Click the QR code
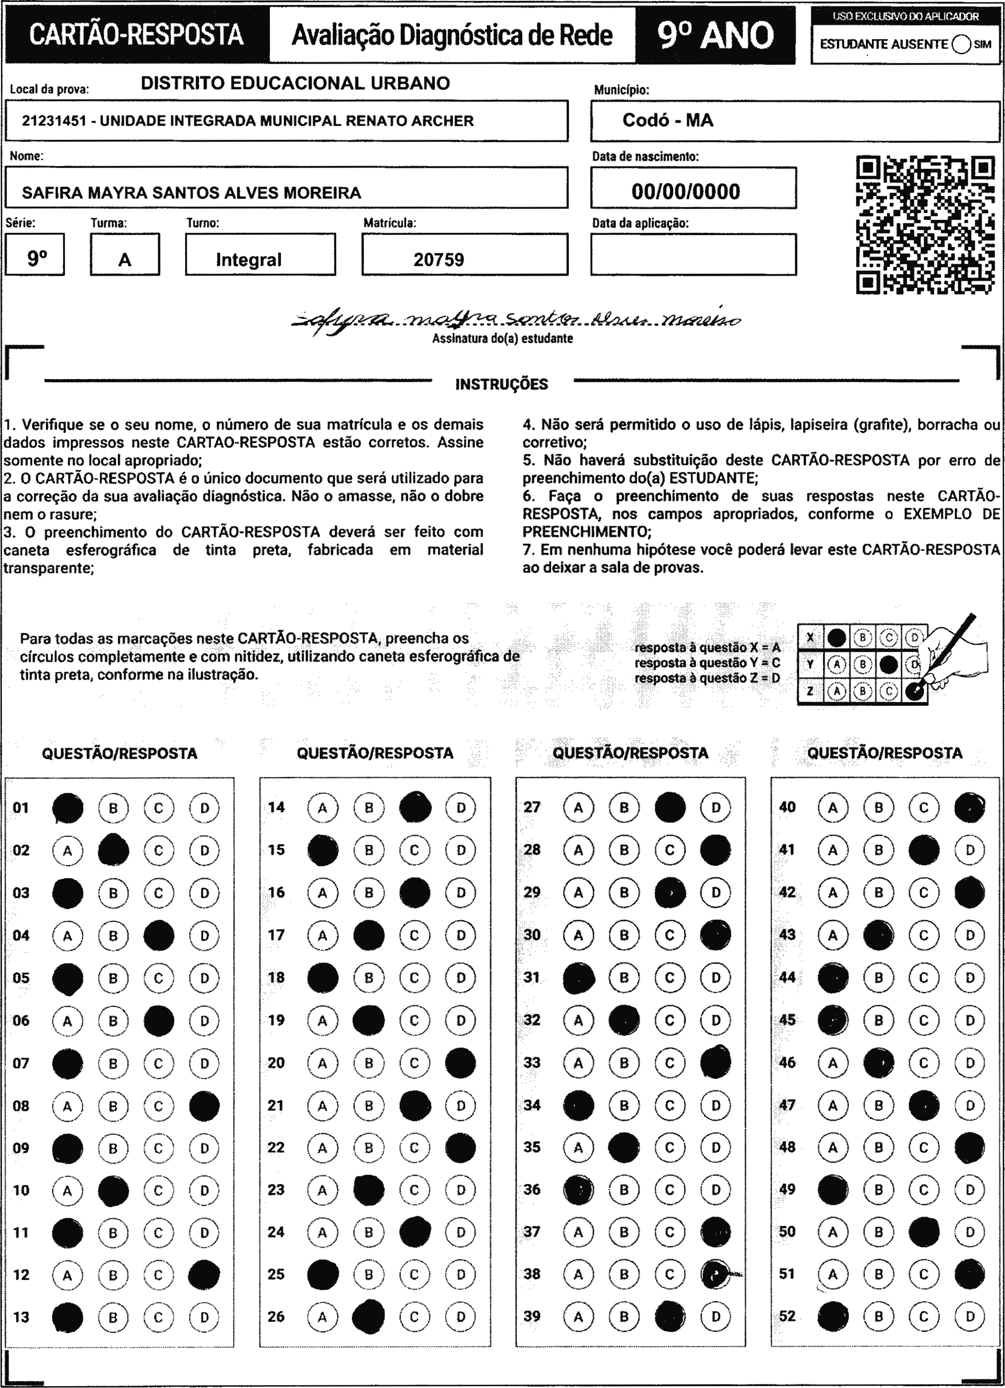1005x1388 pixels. click(x=924, y=225)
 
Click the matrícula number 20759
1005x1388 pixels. click(x=438, y=259)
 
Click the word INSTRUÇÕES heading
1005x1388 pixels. click(x=502, y=384)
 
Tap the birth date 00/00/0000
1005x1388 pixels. click(x=686, y=192)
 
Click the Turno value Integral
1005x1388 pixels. click(x=248, y=259)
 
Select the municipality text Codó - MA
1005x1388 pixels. click(x=668, y=120)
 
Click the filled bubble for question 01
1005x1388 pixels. click(x=68, y=808)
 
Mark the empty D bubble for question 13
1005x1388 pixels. click(x=204, y=1317)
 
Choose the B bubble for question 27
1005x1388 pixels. click(x=624, y=808)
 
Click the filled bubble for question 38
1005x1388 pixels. click(x=715, y=1274)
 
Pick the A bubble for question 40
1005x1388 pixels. click(x=832, y=808)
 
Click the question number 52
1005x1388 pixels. click(x=787, y=1316)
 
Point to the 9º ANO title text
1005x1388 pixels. click(x=716, y=35)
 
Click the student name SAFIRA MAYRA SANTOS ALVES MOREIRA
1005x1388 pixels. click(x=191, y=193)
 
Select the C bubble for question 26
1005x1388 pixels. click(x=415, y=1317)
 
